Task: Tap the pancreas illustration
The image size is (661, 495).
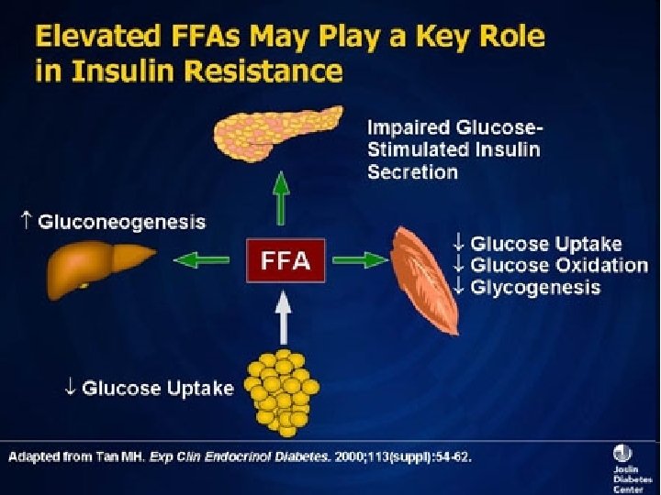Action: pos(280,137)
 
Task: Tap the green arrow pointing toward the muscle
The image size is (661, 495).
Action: pos(359,260)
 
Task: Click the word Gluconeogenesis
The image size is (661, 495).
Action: pos(121,222)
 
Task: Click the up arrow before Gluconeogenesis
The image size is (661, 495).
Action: pos(25,221)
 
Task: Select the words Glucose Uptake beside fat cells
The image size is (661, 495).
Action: pos(157,388)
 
